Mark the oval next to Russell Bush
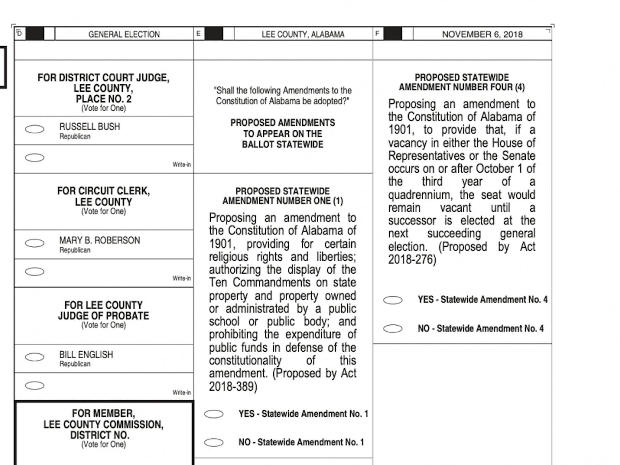pos(35,129)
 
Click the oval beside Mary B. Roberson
pos(35,243)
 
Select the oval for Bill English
pos(35,357)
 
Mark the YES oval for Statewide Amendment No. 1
pos(214,414)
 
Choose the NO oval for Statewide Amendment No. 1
pos(214,443)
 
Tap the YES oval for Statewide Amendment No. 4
pos(393,300)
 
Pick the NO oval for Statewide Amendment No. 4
pos(393,329)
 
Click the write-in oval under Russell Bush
pos(35,157)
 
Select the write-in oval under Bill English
pos(35,386)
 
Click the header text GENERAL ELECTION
pos(124,34)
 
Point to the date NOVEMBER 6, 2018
pos(482,34)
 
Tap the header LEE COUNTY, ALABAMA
pos(303,34)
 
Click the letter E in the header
pos(198,33)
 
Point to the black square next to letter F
pos(393,34)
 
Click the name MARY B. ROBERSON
pos(99,241)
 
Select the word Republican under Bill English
pos(75,364)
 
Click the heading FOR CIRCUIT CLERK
pos(103,191)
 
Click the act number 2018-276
pos(412,260)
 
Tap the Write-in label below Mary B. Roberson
pos(181,279)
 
